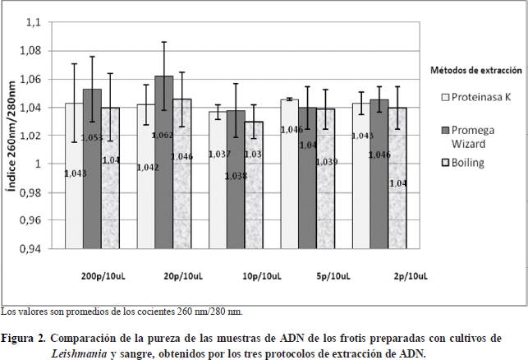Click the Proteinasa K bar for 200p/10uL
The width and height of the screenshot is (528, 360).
click(x=74, y=197)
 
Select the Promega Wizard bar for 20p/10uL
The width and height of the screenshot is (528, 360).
click(x=163, y=189)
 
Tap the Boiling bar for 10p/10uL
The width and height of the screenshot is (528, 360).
click(x=254, y=205)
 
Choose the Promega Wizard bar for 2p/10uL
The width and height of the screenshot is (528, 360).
click(x=379, y=197)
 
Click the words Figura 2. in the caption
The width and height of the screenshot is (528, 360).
click(x=23, y=339)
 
